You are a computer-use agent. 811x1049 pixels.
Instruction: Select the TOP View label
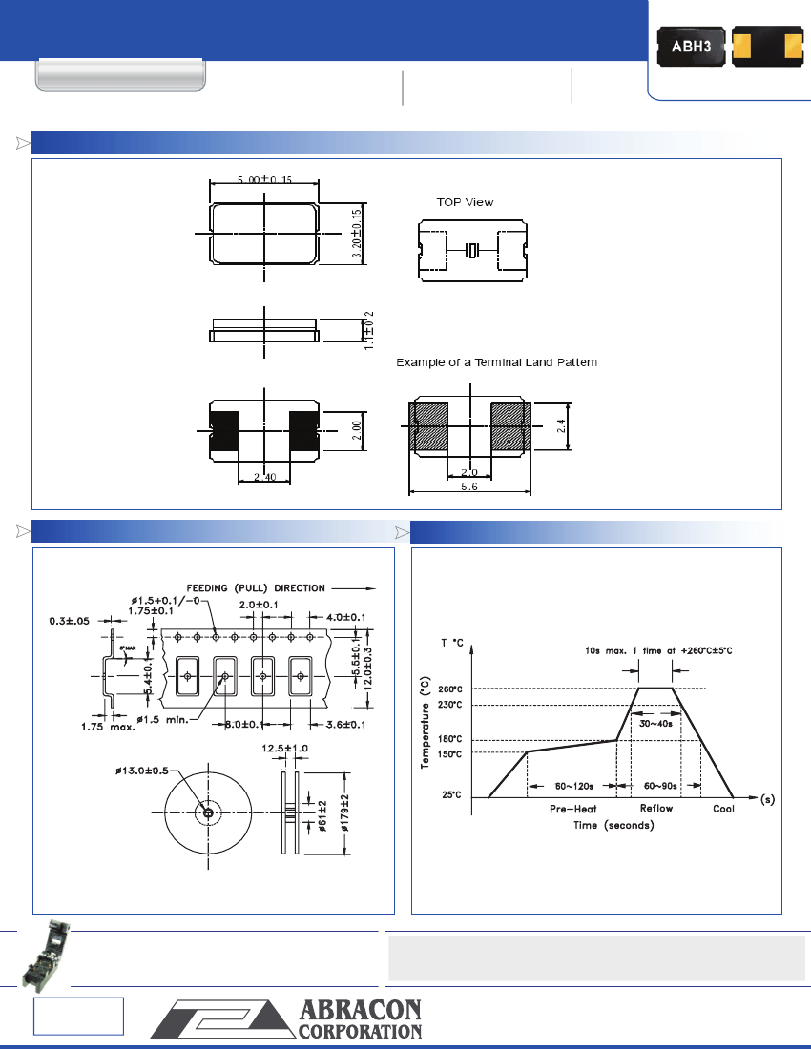(x=465, y=202)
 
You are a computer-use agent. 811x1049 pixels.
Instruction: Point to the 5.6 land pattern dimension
(x=469, y=485)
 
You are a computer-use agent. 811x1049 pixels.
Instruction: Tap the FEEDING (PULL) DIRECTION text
(x=256, y=587)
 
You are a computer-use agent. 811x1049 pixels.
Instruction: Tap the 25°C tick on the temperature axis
(x=452, y=794)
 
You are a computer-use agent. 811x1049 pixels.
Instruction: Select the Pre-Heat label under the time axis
(x=573, y=809)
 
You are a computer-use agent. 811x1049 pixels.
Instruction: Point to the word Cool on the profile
(x=724, y=809)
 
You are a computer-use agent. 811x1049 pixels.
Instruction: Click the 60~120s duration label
(x=575, y=787)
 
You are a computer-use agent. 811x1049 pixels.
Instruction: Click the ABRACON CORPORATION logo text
(x=361, y=1020)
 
